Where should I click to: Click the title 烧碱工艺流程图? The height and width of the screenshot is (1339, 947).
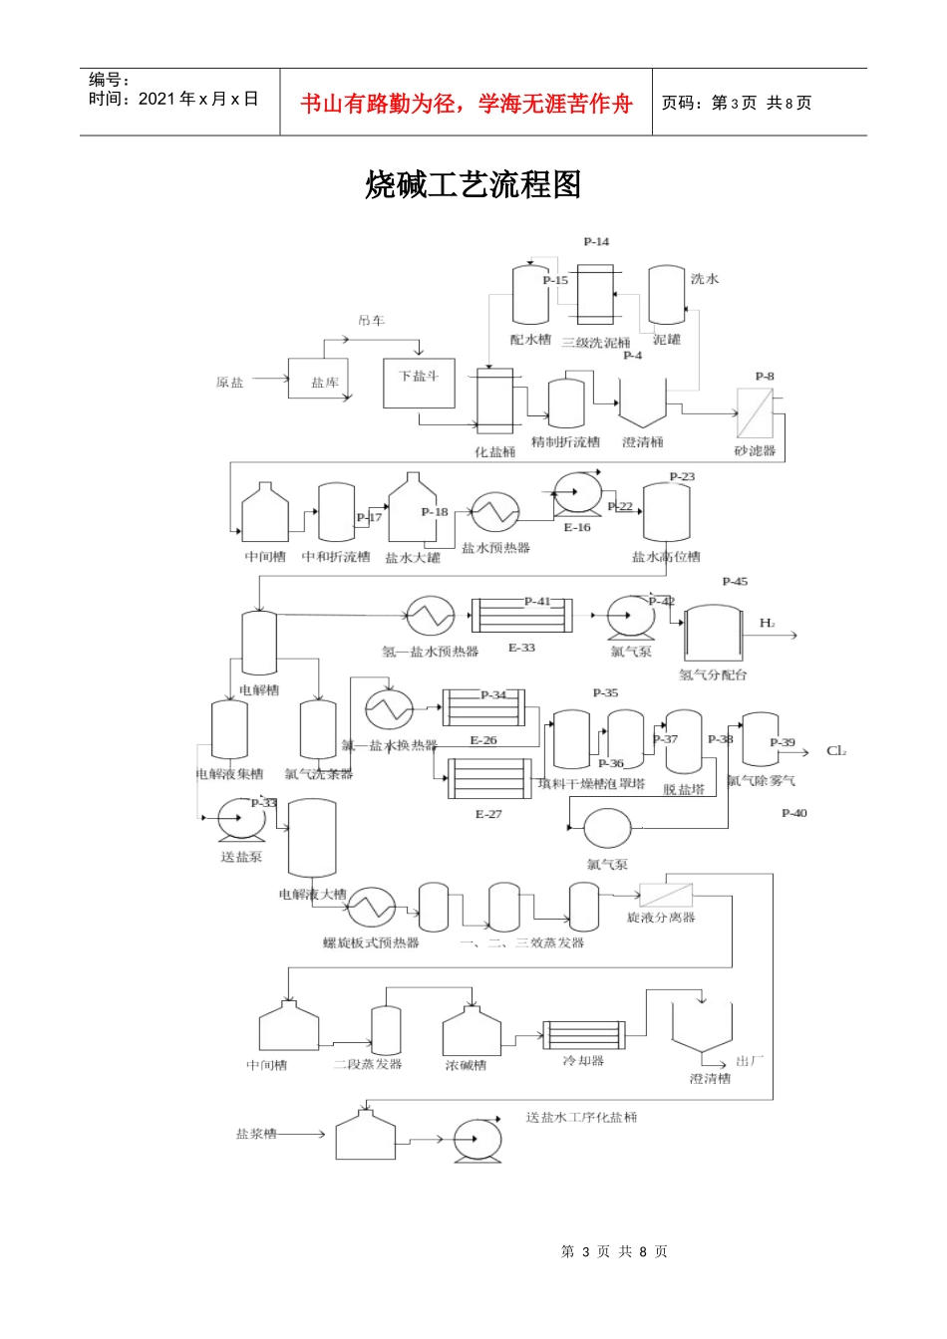pyautogui.click(x=473, y=185)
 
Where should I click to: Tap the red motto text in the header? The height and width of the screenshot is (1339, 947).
pyautogui.click(x=467, y=104)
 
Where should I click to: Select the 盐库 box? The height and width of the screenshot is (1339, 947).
pyautogui.click(x=319, y=380)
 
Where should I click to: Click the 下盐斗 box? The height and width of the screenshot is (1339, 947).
pyautogui.click(x=419, y=384)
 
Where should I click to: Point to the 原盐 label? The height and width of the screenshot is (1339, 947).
pyautogui.click(x=230, y=383)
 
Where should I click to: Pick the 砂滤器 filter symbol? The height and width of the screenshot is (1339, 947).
pyautogui.click(x=755, y=412)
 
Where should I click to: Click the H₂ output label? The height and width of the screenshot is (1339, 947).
pyautogui.click(x=767, y=624)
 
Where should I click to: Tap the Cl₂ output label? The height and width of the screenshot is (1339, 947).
pyautogui.click(x=835, y=751)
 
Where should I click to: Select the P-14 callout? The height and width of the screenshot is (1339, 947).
pyautogui.click(x=596, y=242)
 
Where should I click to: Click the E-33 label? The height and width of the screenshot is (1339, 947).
pyautogui.click(x=521, y=648)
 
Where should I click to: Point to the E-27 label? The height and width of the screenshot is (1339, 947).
pyautogui.click(x=488, y=814)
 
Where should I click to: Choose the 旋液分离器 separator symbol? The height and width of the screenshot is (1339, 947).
pyautogui.click(x=666, y=894)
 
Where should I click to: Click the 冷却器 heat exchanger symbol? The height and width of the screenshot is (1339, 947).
pyautogui.click(x=583, y=1035)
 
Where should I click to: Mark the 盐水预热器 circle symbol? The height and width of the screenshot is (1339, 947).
pyautogui.click(x=494, y=513)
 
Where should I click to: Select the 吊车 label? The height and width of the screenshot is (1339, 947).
pyautogui.click(x=372, y=321)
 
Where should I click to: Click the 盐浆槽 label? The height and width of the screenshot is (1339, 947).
pyautogui.click(x=256, y=1134)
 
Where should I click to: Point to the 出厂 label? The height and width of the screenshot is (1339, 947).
pyautogui.click(x=750, y=1061)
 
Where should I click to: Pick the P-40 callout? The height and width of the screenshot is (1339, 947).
pyautogui.click(x=794, y=814)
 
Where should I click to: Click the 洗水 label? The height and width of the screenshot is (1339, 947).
pyautogui.click(x=705, y=279)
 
